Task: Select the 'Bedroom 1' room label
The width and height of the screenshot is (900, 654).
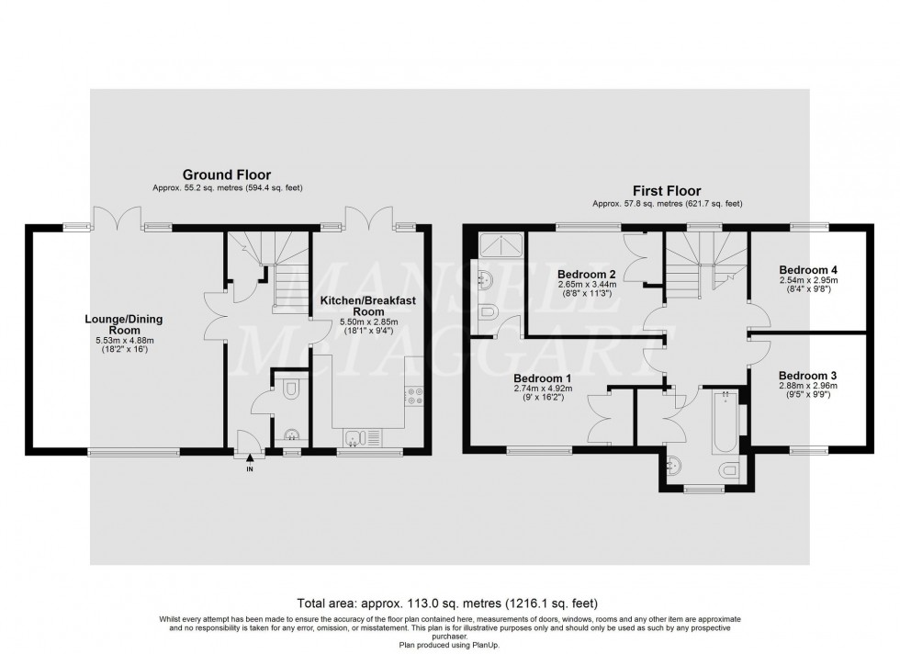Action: point(529,378)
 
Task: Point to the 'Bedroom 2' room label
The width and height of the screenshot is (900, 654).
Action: point(586,274)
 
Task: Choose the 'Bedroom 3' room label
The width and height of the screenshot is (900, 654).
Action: point(808,375)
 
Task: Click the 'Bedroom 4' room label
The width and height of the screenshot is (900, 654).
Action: point(808,269)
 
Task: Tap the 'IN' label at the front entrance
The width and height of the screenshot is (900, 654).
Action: point(249,469)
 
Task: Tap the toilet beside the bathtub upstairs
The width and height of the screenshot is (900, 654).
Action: point(730,471)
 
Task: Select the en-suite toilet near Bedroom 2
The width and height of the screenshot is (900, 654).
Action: point(488,313)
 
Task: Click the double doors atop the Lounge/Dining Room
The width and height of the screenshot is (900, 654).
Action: point(119,218)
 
